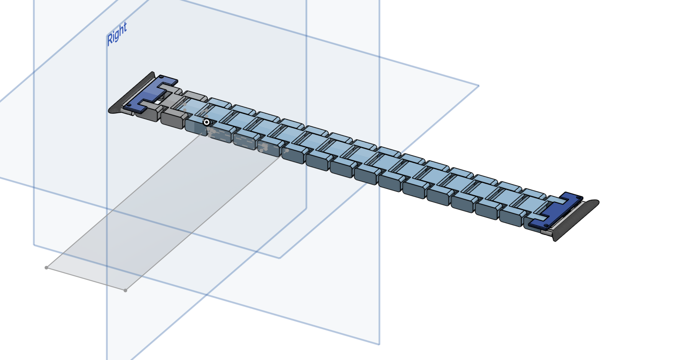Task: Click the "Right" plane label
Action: tap(117, 34)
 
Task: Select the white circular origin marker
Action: tap(206, 122)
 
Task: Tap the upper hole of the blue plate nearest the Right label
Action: tap(161, 78)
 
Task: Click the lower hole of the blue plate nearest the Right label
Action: tap(129, 106)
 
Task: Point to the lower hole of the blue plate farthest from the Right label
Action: tap(538, 225)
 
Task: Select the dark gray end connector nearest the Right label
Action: tap(131, 93)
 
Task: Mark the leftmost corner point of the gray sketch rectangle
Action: tap(46, 268)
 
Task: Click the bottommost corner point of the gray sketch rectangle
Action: tap(125, 290)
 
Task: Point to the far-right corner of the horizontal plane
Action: tap(479, 86)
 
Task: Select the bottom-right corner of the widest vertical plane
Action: tap(379, 344)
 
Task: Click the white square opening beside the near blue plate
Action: tap(157, 102)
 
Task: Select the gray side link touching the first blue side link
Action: tap(172, 120)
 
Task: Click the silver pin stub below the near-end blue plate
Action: tap(128, 112)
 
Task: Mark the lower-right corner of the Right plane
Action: tap(306, 208)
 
